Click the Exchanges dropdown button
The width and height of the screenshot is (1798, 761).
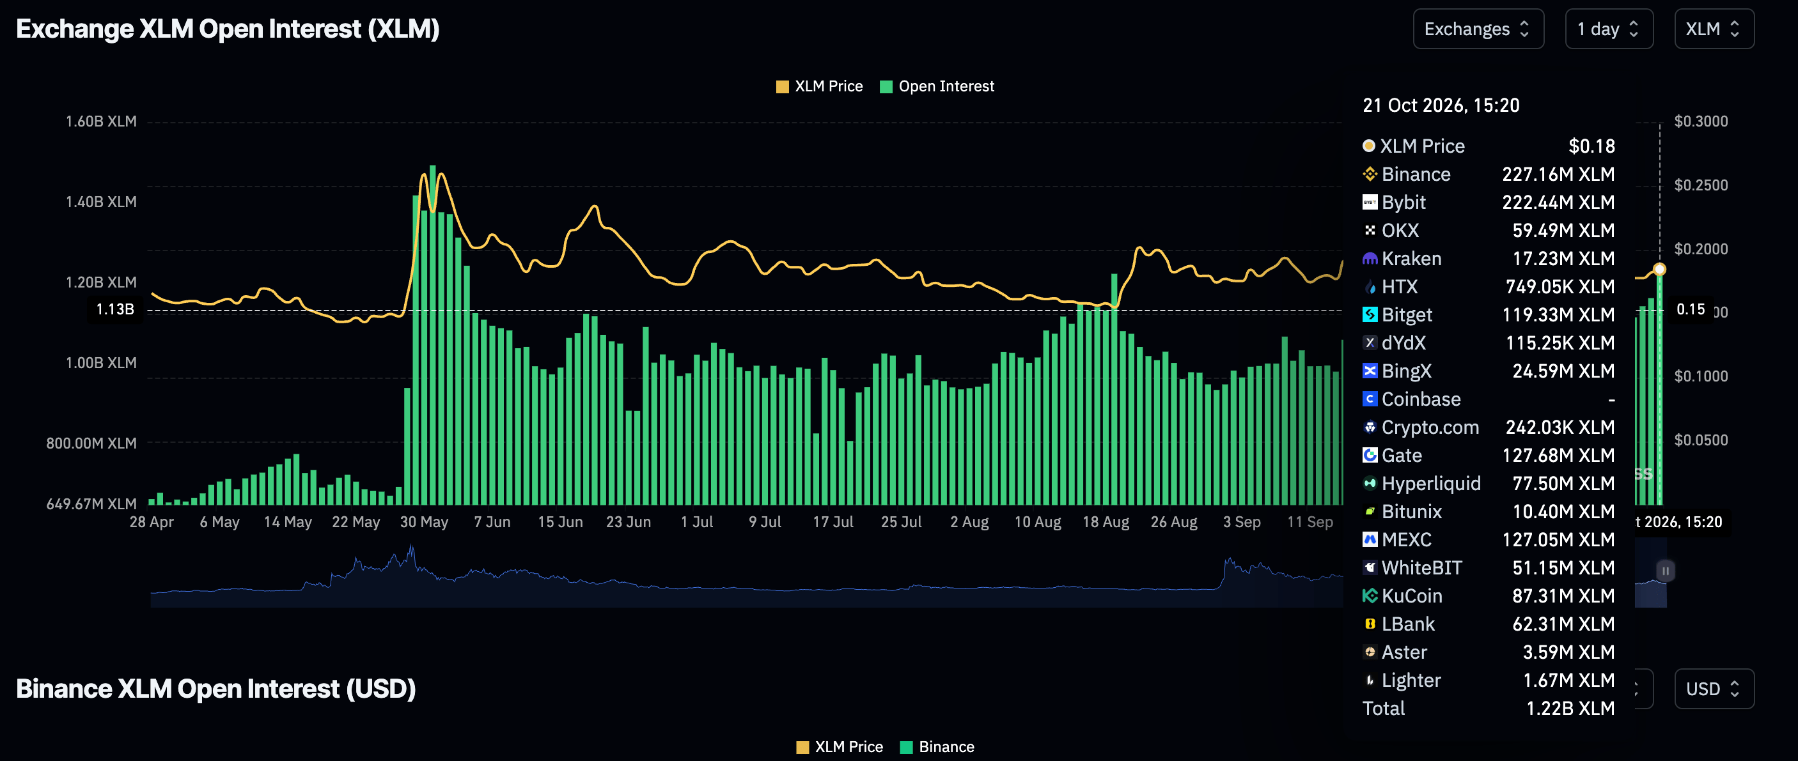tap(1478, 29)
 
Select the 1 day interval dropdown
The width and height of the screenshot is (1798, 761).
tap(1609, 29)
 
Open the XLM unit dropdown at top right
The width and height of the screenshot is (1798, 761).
tap(1714, 29)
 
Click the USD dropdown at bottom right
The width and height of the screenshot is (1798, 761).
tap(1714, 689)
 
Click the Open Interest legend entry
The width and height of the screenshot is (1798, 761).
tap(937, 86)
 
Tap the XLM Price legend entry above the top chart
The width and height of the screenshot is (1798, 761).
tap(820, 86)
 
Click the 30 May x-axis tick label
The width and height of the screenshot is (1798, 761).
tap(424, 522)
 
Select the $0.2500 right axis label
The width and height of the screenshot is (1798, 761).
tap(1701, 185)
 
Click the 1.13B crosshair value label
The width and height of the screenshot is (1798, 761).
tap(115, 310)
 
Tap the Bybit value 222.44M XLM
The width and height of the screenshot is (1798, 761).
tap(1558, 203)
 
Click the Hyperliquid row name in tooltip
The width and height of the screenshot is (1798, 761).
tap(1431, 484)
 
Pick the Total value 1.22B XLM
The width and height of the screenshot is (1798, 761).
tap(1570, 709)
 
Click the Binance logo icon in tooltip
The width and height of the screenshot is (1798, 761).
tap(1370, 174)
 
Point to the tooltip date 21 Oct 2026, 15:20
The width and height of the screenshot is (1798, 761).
tap(1441, 105)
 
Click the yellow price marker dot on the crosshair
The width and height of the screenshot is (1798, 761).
tap(1660, 269)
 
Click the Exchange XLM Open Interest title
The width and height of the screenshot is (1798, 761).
tap(228, 29)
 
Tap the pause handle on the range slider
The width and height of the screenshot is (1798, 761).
tap(1666, 571)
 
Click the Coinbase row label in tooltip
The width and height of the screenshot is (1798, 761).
tap(1421, 399)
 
